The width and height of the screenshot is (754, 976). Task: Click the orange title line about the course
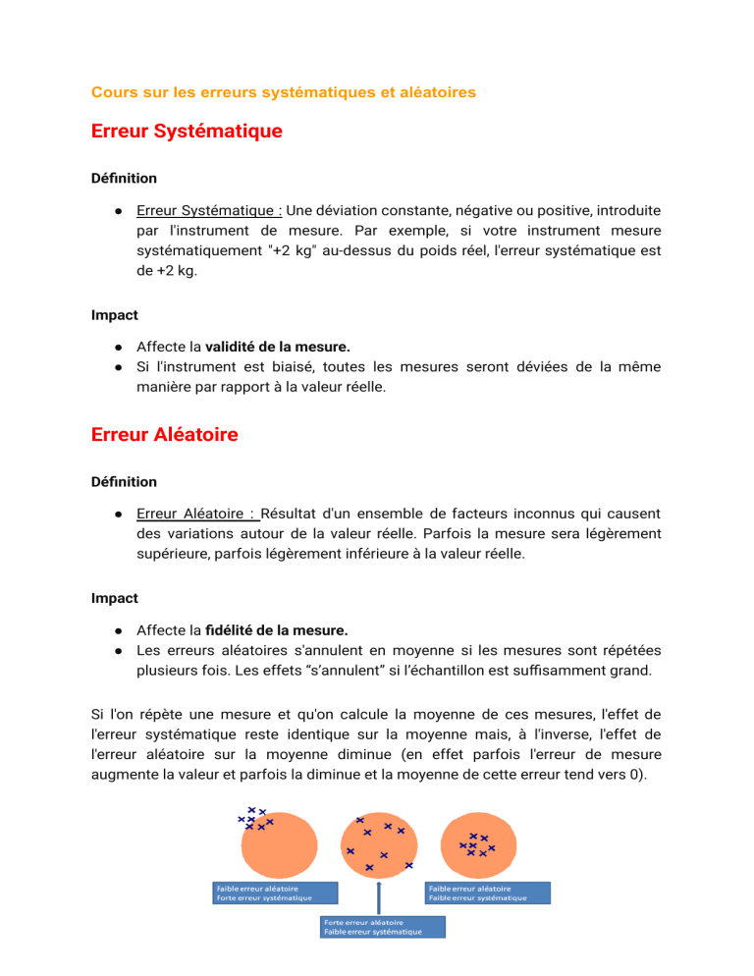click(x=284, y=92)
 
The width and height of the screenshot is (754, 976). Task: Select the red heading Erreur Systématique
click(x=187, y=131)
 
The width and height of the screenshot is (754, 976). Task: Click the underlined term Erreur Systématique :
click(x=210, y=210)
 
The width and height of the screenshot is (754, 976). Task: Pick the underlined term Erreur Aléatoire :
click(x=197, y=514)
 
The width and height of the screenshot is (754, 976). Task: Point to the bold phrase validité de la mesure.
click(x=277, y=347)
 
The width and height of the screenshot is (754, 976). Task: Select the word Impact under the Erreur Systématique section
click(x=114, y=315)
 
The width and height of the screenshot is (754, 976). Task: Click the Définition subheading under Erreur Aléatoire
click(x=124, y=482)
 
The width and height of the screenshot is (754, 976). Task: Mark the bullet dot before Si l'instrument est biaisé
click(x=117, y=366)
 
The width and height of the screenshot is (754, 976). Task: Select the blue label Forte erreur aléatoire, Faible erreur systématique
click(x=383, y=927)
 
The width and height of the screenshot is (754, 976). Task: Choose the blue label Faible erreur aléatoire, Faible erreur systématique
click(x=488, y=893)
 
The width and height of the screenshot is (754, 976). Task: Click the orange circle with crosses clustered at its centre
click(x=481, y=842)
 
